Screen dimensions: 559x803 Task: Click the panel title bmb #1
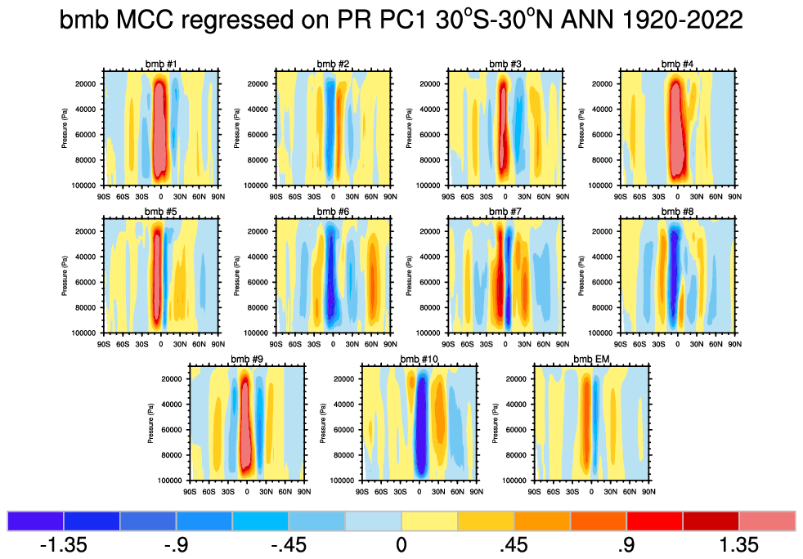pos(161,65)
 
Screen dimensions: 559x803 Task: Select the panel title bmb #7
pos(505,212)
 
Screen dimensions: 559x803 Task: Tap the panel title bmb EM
pos(591,360)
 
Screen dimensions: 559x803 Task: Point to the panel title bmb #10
pos(419,360)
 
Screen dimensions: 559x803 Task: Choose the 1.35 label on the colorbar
pos(740,544)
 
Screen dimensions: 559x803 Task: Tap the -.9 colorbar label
pos(177,544)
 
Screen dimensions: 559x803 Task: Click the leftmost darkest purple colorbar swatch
pos(36,521)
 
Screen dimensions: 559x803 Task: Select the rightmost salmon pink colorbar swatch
pos(767,521)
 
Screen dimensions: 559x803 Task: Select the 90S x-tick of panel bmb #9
pos(190,491)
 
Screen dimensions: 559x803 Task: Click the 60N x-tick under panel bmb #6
pos(372,344)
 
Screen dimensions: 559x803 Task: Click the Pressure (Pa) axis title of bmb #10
pos(321,423)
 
